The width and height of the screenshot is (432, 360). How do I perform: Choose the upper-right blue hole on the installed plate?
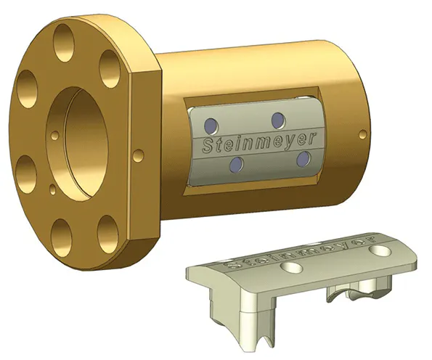click(277, 119)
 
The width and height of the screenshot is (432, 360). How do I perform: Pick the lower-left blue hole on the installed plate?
click(233, 166)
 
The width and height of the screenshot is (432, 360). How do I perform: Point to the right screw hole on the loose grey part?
click(378, 250)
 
